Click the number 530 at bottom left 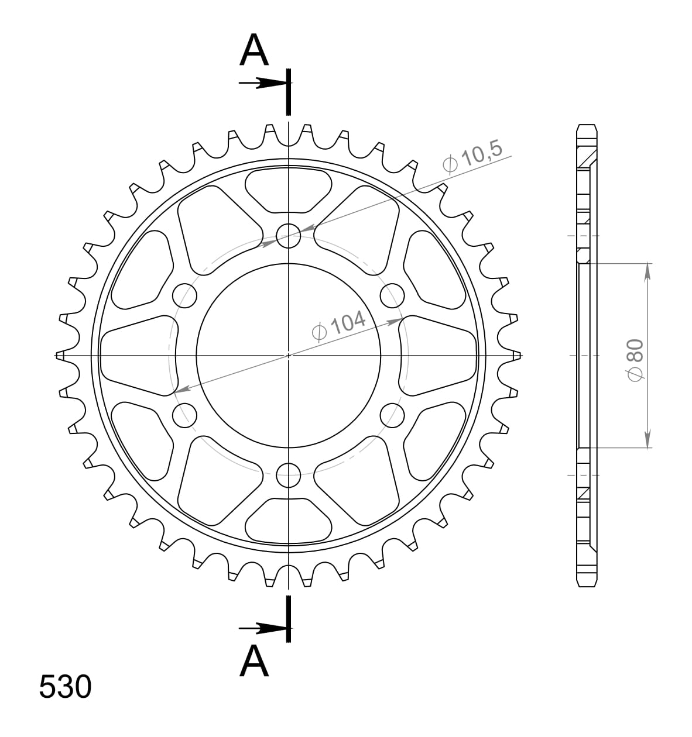coord(65,688)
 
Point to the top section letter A coord(254,51)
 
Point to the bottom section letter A coord(254,661)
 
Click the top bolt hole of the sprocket coord(288,236)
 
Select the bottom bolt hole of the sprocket coord(288,474)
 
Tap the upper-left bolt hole coord(185,295)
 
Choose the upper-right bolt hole coord(392,295)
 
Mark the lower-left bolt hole coord(185,415)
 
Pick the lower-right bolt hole coord(392,415)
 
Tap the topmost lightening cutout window coord(288,189)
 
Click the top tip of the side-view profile coord(587,126)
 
